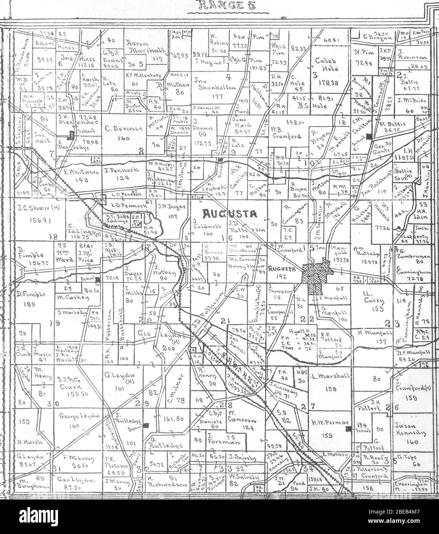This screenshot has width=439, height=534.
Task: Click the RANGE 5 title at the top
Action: click(x=220, y=5)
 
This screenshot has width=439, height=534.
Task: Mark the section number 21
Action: click(x=225, y=320)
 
